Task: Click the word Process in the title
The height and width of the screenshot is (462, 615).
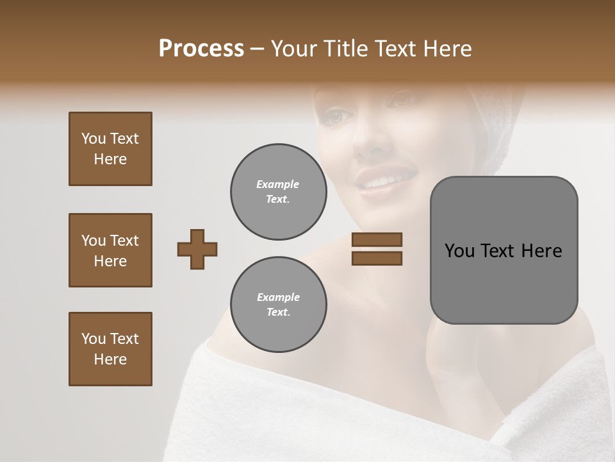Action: [201, 49]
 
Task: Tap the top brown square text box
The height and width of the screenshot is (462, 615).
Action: [110, 149]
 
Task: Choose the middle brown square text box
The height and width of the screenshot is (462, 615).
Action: [110, 250]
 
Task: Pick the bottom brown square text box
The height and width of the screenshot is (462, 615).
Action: [110, 349]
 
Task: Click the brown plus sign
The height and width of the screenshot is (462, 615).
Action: [197, 249]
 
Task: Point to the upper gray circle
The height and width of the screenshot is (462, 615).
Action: [278, 192]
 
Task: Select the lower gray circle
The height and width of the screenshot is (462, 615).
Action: [278, 305]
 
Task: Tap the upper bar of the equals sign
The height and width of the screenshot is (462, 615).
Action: [377, 239]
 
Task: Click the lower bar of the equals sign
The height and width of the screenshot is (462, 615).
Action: [377, 258]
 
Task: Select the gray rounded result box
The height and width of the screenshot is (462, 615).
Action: [504, 250]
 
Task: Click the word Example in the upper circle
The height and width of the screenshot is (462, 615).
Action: [278, 184]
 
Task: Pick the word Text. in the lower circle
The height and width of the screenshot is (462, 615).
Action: [278, 312]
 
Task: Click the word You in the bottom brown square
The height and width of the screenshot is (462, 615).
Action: [94, 339]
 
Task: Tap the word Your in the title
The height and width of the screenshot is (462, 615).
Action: [295, 49]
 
